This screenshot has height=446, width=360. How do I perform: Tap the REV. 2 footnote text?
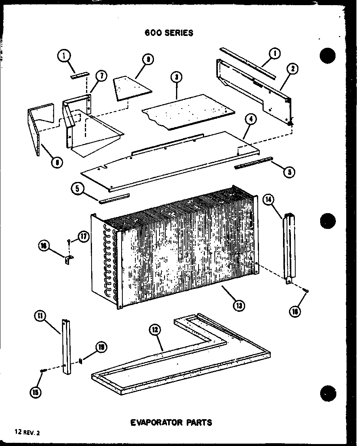[28, 433]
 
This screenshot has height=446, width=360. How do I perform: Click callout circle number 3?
[176, 77]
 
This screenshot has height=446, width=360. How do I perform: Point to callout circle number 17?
[83, 237]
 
